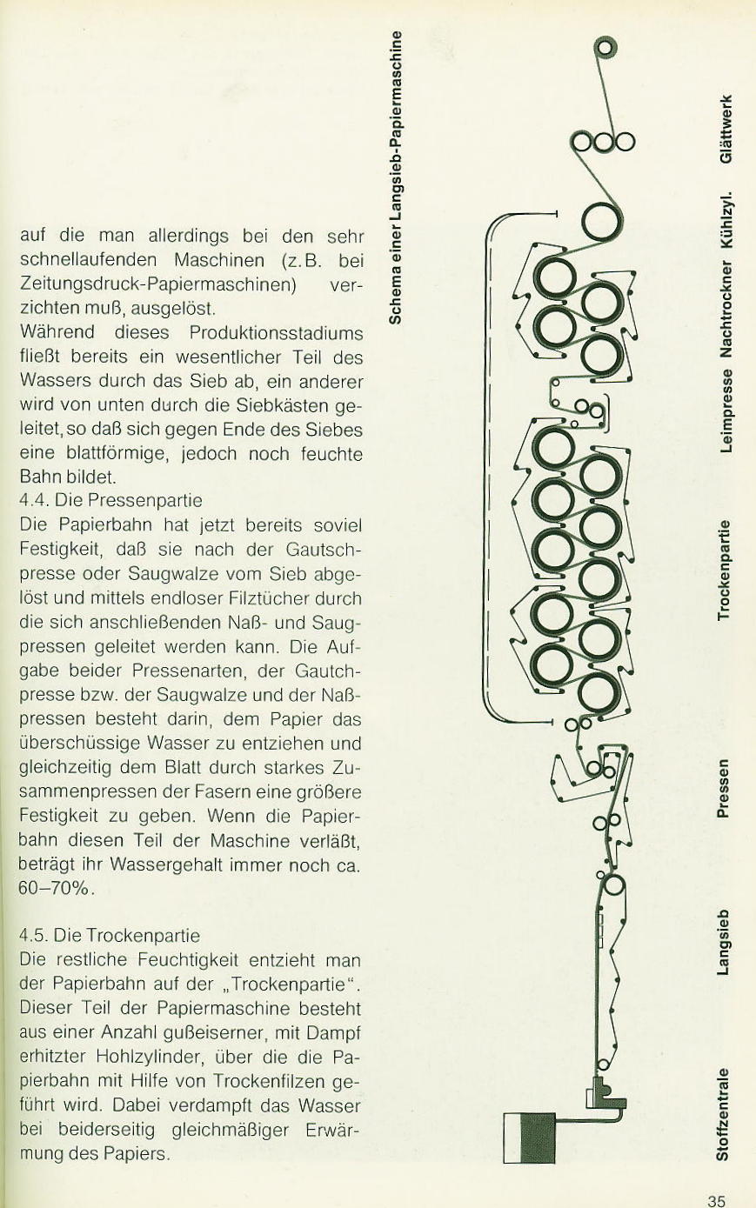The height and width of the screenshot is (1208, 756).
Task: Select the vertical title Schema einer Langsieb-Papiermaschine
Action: coord(396,177)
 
